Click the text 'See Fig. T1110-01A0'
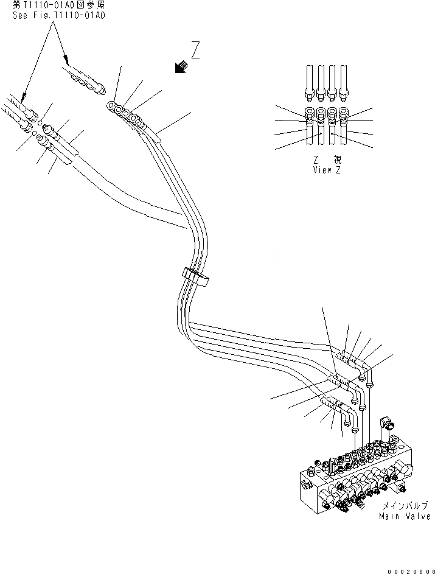(x=59, y=16)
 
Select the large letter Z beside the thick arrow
(x=195, y=50)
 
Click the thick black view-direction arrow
(x=180, y=68)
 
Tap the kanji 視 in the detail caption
(x=338, y=159)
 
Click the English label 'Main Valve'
(x=404, y=516)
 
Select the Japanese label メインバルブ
(x=405, y=506)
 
